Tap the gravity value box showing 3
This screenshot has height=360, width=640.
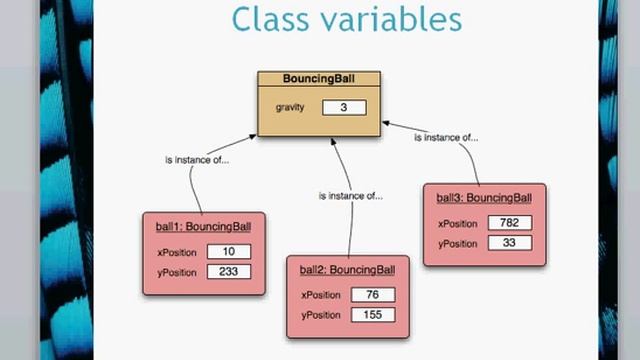tap(344, 107)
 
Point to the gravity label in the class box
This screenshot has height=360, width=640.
tap(289, 107)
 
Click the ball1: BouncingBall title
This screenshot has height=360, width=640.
tap(204, 226)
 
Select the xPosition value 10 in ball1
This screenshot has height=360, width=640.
tap(229, 251)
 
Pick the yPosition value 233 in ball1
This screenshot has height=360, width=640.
tap(229, 271)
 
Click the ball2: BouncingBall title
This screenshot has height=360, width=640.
tap(348, 269)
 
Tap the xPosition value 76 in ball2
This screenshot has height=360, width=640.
tap(372, 295)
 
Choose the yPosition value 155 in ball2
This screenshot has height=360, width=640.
tap(372, 315)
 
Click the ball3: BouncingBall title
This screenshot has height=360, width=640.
tap(484, 197)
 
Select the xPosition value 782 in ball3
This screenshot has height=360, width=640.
tap(509, 223)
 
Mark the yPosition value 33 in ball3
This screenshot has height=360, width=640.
tap(509, 243)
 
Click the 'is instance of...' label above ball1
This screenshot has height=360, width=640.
tap(196, 160)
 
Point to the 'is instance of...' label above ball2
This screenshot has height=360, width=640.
tap(349, 196)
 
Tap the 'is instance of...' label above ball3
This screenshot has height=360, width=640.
tap(447, 138)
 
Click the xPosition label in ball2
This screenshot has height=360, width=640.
tap(322, 295)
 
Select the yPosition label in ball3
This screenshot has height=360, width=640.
tap(459, 243)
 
